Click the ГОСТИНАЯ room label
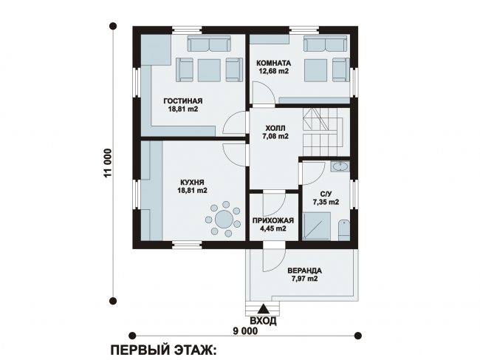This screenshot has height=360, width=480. pyautogui.click(x=182, y=101)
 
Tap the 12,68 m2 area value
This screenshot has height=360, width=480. pyautogui.click(x=274, y=71)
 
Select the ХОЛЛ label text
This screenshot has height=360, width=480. pyautogui.click(x=275, y=128)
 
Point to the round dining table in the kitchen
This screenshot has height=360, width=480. pyautogui.click(x=224, y=219)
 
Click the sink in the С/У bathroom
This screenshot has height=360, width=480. pyautogui.click(x=340, y=166)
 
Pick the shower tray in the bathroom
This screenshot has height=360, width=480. pyautogui.click(x=317, y=225)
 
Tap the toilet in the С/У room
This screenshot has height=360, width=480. pyautogui.click(x=344, y=230)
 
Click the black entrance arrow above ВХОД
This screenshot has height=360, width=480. pyautogui.click(x=263, y=309)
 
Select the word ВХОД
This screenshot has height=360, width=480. pyautogui.click(x=264, y=321)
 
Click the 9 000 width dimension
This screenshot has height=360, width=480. pyautogui.click(x=245, y=331)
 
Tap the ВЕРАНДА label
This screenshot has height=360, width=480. pyautogui.click(x=304, y=271)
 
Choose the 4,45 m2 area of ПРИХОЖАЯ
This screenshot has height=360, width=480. pyautogui.click(x=273, y=228)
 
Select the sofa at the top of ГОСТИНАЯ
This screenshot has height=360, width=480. pyautogui.click(x=209, y=44)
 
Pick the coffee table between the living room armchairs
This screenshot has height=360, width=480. pyautogui.click(x=209, y=70)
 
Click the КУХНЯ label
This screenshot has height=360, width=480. pyautogui.click(x=192, y=183)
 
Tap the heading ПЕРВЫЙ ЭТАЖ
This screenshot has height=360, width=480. pyautogui.click(x=163, y=350)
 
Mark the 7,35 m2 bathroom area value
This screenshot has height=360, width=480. pyautogui.click(x=326, y=202)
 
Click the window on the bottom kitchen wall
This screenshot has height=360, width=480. pyautogui.click(x=186, y=245)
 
